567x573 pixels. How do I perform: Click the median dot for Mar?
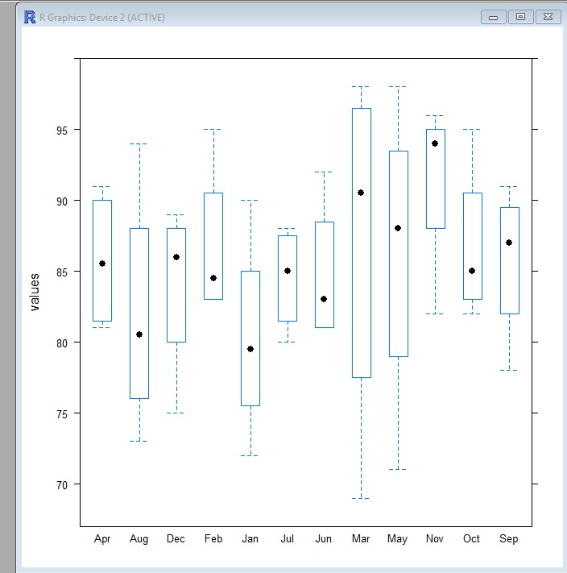(x=361, y=193)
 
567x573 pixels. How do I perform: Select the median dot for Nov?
(x=435, y=143)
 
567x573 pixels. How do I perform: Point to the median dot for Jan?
(x=250, y=349)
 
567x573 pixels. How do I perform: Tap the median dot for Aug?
(x=139, y=334)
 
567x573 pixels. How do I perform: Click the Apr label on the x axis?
(x=102, y=538)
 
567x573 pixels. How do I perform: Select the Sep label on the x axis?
(x=508, y=538)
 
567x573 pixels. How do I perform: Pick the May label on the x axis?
(x=397, y=538)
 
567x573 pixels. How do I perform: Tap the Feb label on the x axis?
(x=213, y=538)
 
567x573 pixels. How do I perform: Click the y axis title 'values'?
(x=35, y=291)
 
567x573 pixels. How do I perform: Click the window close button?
(x=548, y=16)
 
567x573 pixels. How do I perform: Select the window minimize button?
(x=493, y=16)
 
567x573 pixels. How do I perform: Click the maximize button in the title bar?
(x=520, y=16)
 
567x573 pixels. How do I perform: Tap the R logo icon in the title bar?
(x=30, y=16)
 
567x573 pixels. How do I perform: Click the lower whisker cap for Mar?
(x=361, y=498)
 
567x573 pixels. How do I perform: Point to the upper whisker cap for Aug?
(x=139, y=143)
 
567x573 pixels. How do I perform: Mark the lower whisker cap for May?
(x=398, y=469)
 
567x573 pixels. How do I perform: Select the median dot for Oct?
(x=472, y=271)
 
